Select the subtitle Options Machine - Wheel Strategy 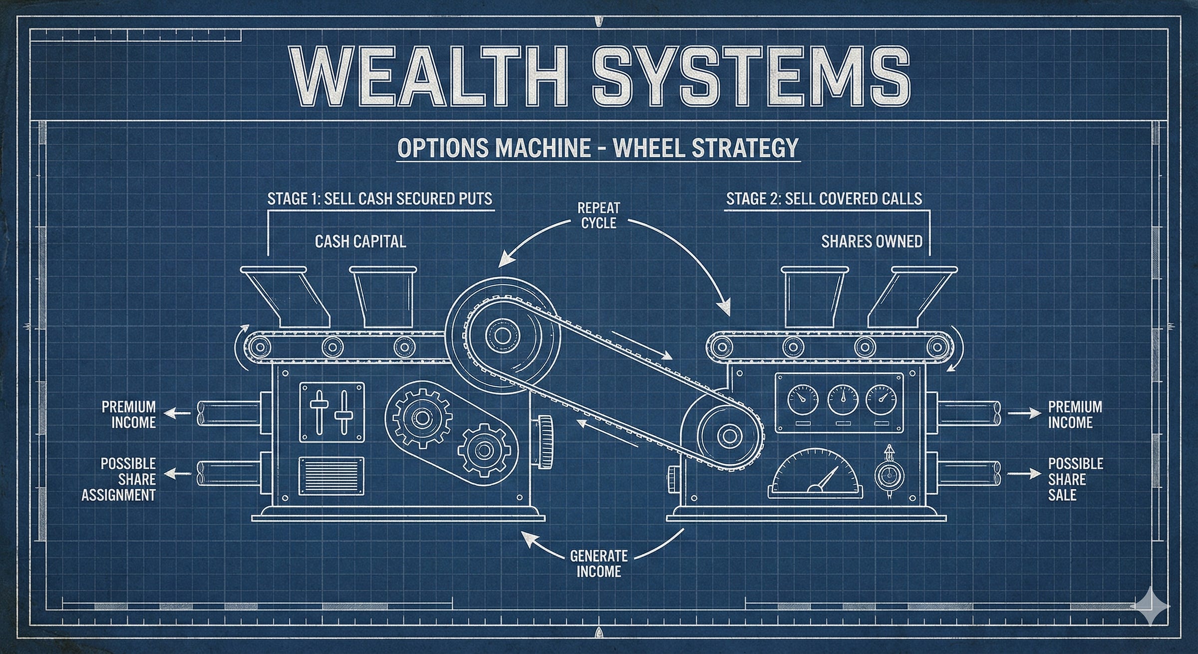coord(598,148)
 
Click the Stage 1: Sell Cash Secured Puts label coord(380,199)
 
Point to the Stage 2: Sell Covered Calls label coord(824,199)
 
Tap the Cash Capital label coord(360,242)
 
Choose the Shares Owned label coord(872,242)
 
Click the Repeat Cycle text coord(599,215)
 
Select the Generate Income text coord(599,564)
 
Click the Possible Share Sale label coord(1075,479)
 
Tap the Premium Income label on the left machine coord(129,415)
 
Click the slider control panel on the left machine coord(331,412)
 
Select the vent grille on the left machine coord(331,476)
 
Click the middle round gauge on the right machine coord(843,399)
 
